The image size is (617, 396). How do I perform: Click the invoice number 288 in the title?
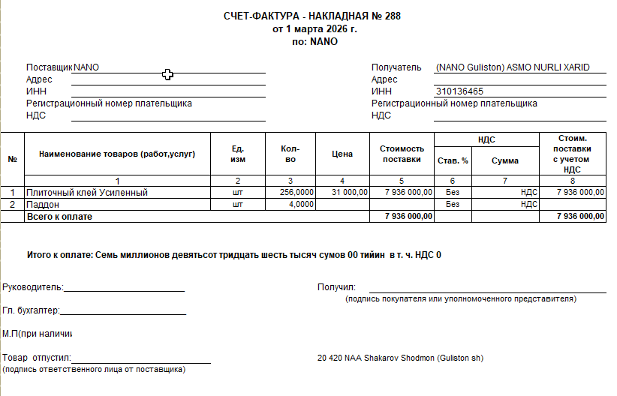point(393,16)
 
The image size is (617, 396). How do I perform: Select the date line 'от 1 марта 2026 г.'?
point(315,29)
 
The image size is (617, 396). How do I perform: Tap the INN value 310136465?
point(459,91)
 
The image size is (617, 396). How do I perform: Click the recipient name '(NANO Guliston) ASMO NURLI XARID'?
point(511,67)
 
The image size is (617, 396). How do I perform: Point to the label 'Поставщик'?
point(50,67)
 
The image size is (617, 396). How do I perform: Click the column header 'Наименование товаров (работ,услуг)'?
point(118,154)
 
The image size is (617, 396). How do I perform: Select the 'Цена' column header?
point(342,154)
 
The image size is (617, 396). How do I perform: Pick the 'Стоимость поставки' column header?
point(402,154)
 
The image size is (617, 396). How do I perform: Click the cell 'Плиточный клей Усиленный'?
point(87,193)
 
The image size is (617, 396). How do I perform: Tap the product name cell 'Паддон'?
point(43,204)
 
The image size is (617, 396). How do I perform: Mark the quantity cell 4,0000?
point(301,204)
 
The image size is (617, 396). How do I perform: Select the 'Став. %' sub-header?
point(453,160)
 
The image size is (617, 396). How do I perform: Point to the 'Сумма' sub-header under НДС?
point(505,160)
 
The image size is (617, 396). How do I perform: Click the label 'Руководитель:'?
point(33,287)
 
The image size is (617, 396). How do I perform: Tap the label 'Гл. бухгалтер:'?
point(31,310)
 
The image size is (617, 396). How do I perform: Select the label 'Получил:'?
point(336,287)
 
